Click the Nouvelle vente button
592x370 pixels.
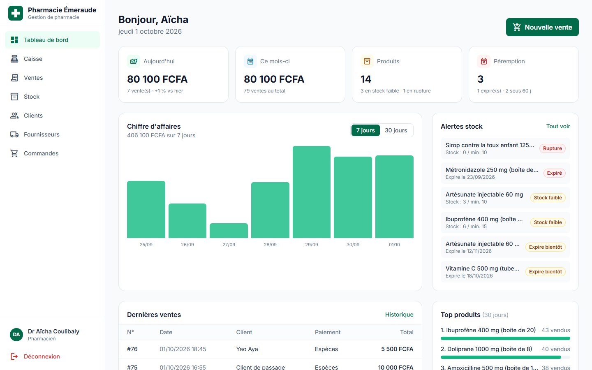[x=542, y=27]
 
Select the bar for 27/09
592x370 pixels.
[x=229, y=231]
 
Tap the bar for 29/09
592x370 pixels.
[x=312, y=192]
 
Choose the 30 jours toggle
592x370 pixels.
[x=396, y=130]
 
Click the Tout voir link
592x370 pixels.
[x=558, y=126]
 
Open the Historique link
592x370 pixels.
[x=399, y=314]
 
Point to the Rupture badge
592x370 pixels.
[x=553, y=148]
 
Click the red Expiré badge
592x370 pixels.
[x=554, y=173]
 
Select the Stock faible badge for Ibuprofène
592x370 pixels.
[x=548, y=222]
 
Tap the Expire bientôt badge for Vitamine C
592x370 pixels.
[x=546, y=272]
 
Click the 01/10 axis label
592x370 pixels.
[x=394, y=245]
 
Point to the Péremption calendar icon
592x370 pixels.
[x=483, y=61]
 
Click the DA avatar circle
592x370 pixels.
[x=16, y=335]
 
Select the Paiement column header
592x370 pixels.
[x=328, y=332]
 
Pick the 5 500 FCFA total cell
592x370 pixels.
[x=397, y=349]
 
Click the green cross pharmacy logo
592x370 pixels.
[x=16, y=13]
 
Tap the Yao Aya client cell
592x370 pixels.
[x=247, y=349]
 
